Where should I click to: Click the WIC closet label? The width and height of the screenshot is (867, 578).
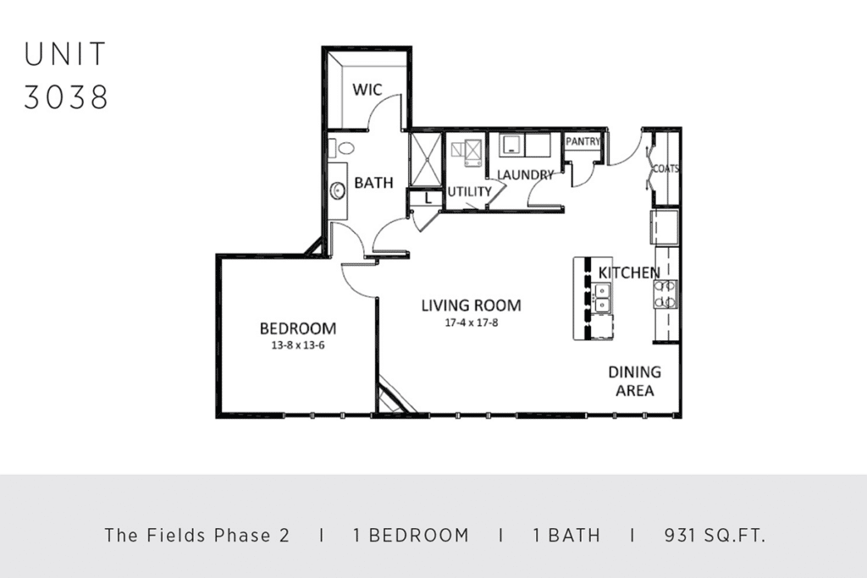coord(367,90)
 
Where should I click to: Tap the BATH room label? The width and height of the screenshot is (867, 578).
coord(373,182)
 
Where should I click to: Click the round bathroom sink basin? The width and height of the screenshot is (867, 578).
coord(338,190)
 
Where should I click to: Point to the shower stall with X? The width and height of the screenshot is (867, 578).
coord(425,160)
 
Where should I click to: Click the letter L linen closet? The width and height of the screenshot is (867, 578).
coord(428,198)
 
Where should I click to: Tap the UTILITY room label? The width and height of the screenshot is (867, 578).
coord(469,192)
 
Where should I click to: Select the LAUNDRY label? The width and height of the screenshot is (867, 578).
coord(525,175)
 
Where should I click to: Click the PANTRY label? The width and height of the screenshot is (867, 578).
coord(583,141)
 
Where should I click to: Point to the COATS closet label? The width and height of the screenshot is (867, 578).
coord(665,168)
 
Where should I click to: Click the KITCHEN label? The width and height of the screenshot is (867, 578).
coord(629,272)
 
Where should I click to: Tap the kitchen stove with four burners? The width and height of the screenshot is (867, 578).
coord(665,294)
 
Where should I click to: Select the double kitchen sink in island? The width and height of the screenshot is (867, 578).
coord(602,298)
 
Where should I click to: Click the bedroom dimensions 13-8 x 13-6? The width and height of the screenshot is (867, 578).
coord(297,346)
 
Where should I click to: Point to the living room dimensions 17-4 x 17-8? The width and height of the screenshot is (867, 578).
coord(471,322)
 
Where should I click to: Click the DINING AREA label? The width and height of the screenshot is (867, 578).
coord(635,382)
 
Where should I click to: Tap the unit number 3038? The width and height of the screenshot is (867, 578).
coord(66,98)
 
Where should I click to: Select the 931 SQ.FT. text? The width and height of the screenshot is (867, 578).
coord(715,535)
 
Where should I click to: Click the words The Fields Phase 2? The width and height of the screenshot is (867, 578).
coord(196,535)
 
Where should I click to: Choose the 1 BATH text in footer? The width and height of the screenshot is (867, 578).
coord(566,535)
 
